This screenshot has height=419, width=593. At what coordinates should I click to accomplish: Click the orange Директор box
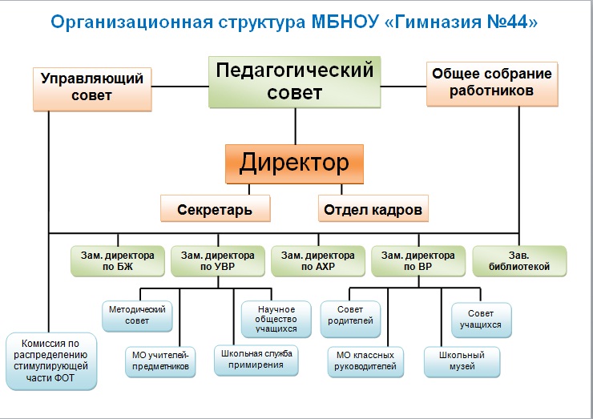tap(295, 164)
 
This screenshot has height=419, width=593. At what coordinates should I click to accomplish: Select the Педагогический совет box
tap(295, 81)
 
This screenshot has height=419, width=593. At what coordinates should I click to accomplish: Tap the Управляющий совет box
tap(92, 88)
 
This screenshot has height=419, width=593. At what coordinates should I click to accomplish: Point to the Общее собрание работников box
tap(492, 83)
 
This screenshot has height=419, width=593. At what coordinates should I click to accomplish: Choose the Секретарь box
tap(215, 209)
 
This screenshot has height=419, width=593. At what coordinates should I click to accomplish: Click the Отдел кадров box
tap(373, 209)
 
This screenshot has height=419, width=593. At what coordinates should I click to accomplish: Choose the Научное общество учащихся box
tap(276, 318)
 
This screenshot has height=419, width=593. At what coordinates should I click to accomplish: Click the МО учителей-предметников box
tap(160, 361)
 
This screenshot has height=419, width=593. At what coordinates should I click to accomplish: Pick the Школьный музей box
tap(462, 361)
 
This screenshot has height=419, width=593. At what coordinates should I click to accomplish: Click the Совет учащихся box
tap(481, 319)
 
